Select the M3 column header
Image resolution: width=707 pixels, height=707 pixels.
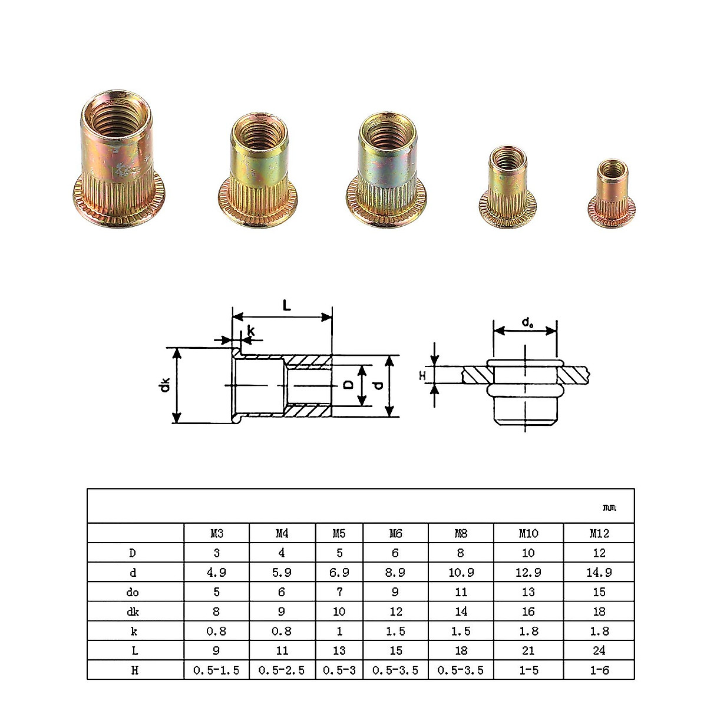(x=217, y=533)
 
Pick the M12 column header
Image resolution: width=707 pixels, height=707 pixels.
(x=599, y=533)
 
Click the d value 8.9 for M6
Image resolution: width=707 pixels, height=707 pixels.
(x=395, y=572)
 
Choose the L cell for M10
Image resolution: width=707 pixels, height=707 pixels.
(x=528, y=650)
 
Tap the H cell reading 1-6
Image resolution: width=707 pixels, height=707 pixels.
(x=599, y=670)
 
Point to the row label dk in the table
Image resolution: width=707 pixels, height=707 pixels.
(x=135, y=612)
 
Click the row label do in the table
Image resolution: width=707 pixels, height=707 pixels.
(x=135, y=592)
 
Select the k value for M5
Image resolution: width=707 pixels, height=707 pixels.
(x=339, y=631)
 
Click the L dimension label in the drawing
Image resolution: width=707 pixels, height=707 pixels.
(x=286, y=305)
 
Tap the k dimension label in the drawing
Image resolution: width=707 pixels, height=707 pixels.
(x=251, y=332)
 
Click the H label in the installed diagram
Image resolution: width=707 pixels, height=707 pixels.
(x=421, y=375)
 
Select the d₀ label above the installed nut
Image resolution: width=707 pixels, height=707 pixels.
(x=527, y=322)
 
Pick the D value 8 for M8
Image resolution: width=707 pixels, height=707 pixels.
(x=461, y=553)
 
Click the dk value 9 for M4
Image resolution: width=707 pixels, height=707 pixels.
(x=282, y=612)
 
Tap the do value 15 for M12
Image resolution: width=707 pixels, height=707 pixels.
(x=599, y=592)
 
